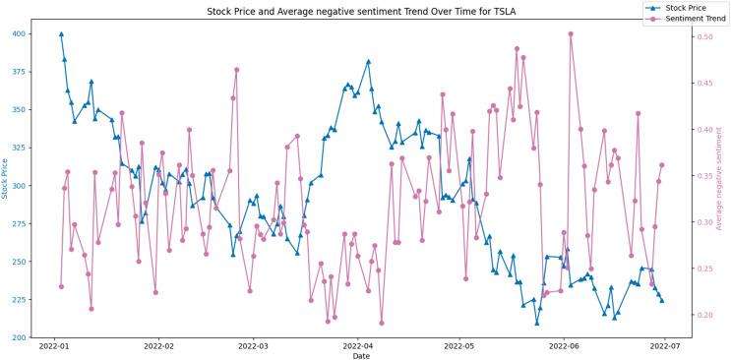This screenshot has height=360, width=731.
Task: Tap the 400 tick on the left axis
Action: point(21,33)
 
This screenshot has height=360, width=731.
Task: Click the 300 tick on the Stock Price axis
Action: point(21,186)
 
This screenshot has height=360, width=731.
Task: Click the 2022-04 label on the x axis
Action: point(357,346)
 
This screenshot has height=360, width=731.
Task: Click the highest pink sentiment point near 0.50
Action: point(571,33)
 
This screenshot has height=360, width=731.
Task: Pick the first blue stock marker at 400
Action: point(61,33)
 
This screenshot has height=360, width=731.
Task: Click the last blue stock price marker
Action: point(661,301)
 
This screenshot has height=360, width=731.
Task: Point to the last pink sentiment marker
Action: point(662,165)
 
